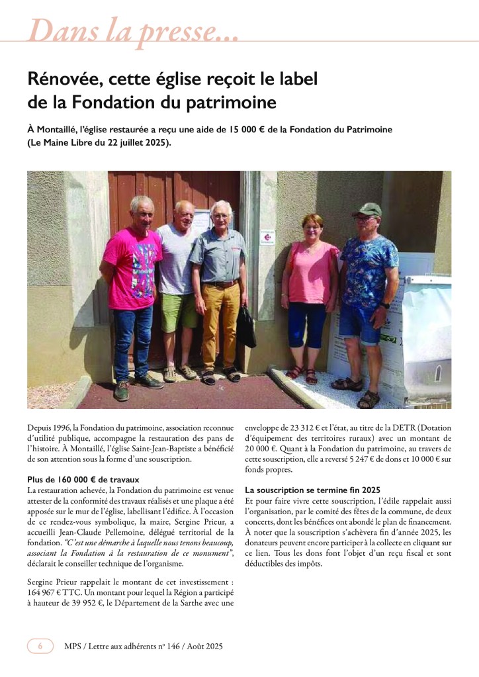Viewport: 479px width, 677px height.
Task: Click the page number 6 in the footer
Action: [x=40, y=646]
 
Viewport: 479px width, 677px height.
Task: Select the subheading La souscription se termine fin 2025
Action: [x=312, y=490]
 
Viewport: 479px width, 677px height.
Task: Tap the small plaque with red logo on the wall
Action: [x=267, y=239]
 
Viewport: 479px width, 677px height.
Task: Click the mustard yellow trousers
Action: [x=221, y=324]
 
